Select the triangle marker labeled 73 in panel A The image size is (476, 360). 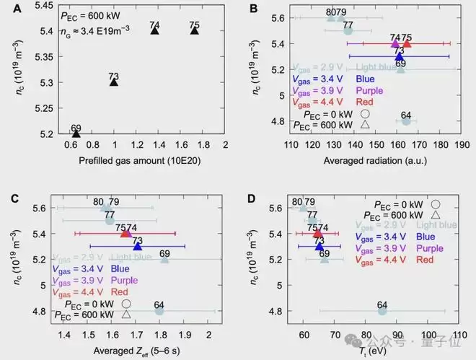pyautogui.click(x=114, y=82)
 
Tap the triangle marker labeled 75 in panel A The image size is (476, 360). pyautogui.click(x=194, y=30)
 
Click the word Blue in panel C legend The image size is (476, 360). pyautogui.click(x=120, y=268)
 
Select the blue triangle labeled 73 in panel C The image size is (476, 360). pyautogui.click(x=137, y=247)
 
